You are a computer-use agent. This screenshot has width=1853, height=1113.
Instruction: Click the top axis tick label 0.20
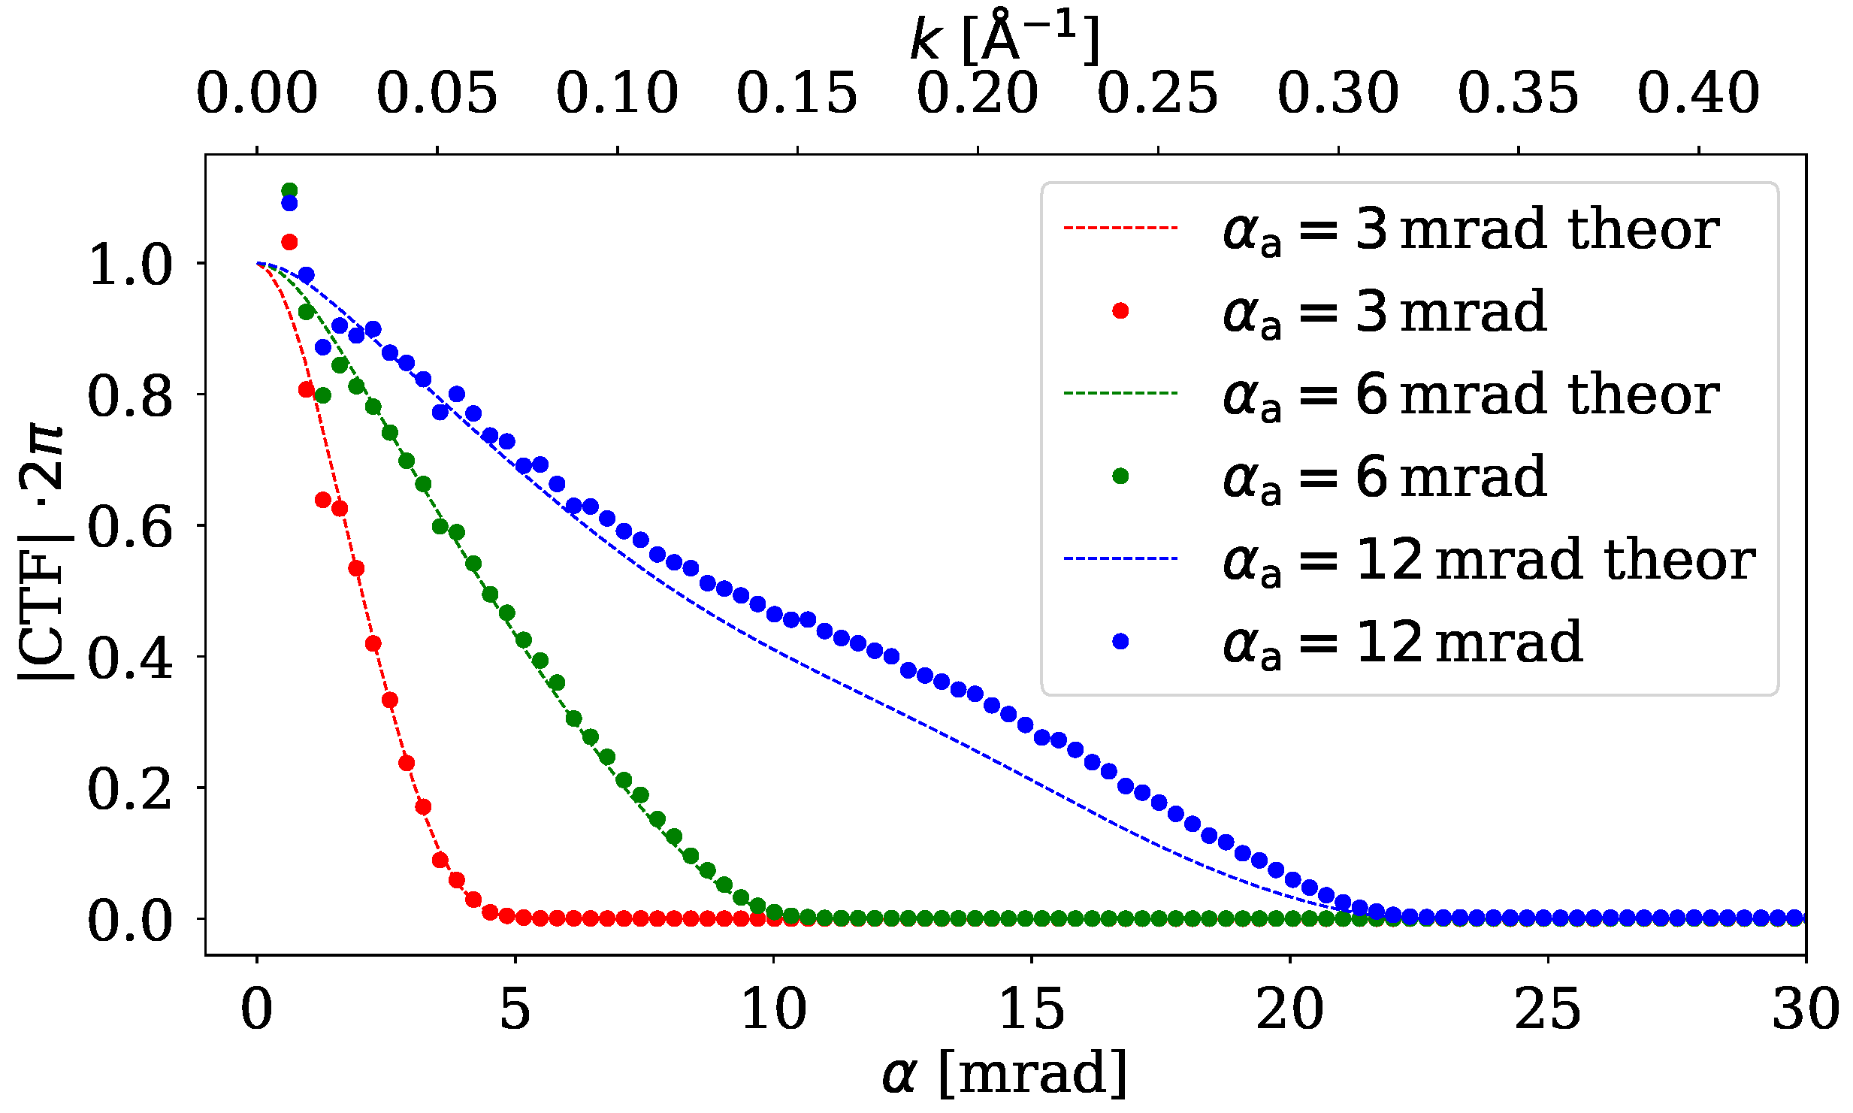click(x=977, y=93)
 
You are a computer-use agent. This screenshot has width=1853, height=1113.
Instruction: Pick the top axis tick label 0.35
click(x=1518, y=93)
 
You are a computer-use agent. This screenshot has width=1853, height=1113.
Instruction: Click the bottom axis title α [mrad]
click(x=1005, y=1073)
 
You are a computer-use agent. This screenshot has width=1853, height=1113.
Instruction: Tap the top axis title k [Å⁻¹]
click(x=1005, y=38)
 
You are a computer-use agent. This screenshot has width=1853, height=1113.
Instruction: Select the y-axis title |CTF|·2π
click(x=44, y=552)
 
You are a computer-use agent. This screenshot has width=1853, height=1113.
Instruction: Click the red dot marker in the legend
click(x=1120, y=311)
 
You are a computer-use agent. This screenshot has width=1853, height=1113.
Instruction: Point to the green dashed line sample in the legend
click(x=1120, y=393)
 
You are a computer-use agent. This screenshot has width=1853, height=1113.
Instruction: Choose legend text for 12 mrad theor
click(x=1488, y=561)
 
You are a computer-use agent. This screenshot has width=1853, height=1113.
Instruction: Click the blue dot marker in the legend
click(x=1120, y=641)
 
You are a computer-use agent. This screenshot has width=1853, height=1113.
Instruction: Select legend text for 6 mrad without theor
click(x=1384, y=478)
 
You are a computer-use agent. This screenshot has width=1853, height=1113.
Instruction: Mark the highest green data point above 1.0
click(x=289, y=190)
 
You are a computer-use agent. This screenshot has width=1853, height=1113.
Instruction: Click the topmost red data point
click(x=289, y=242)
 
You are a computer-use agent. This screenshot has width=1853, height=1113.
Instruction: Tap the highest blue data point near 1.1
click(x=289, y=204)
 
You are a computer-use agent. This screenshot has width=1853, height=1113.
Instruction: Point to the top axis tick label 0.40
click(x=1698, y=93)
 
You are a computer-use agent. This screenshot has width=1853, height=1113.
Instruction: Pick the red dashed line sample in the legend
click(x=1120, y=227)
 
